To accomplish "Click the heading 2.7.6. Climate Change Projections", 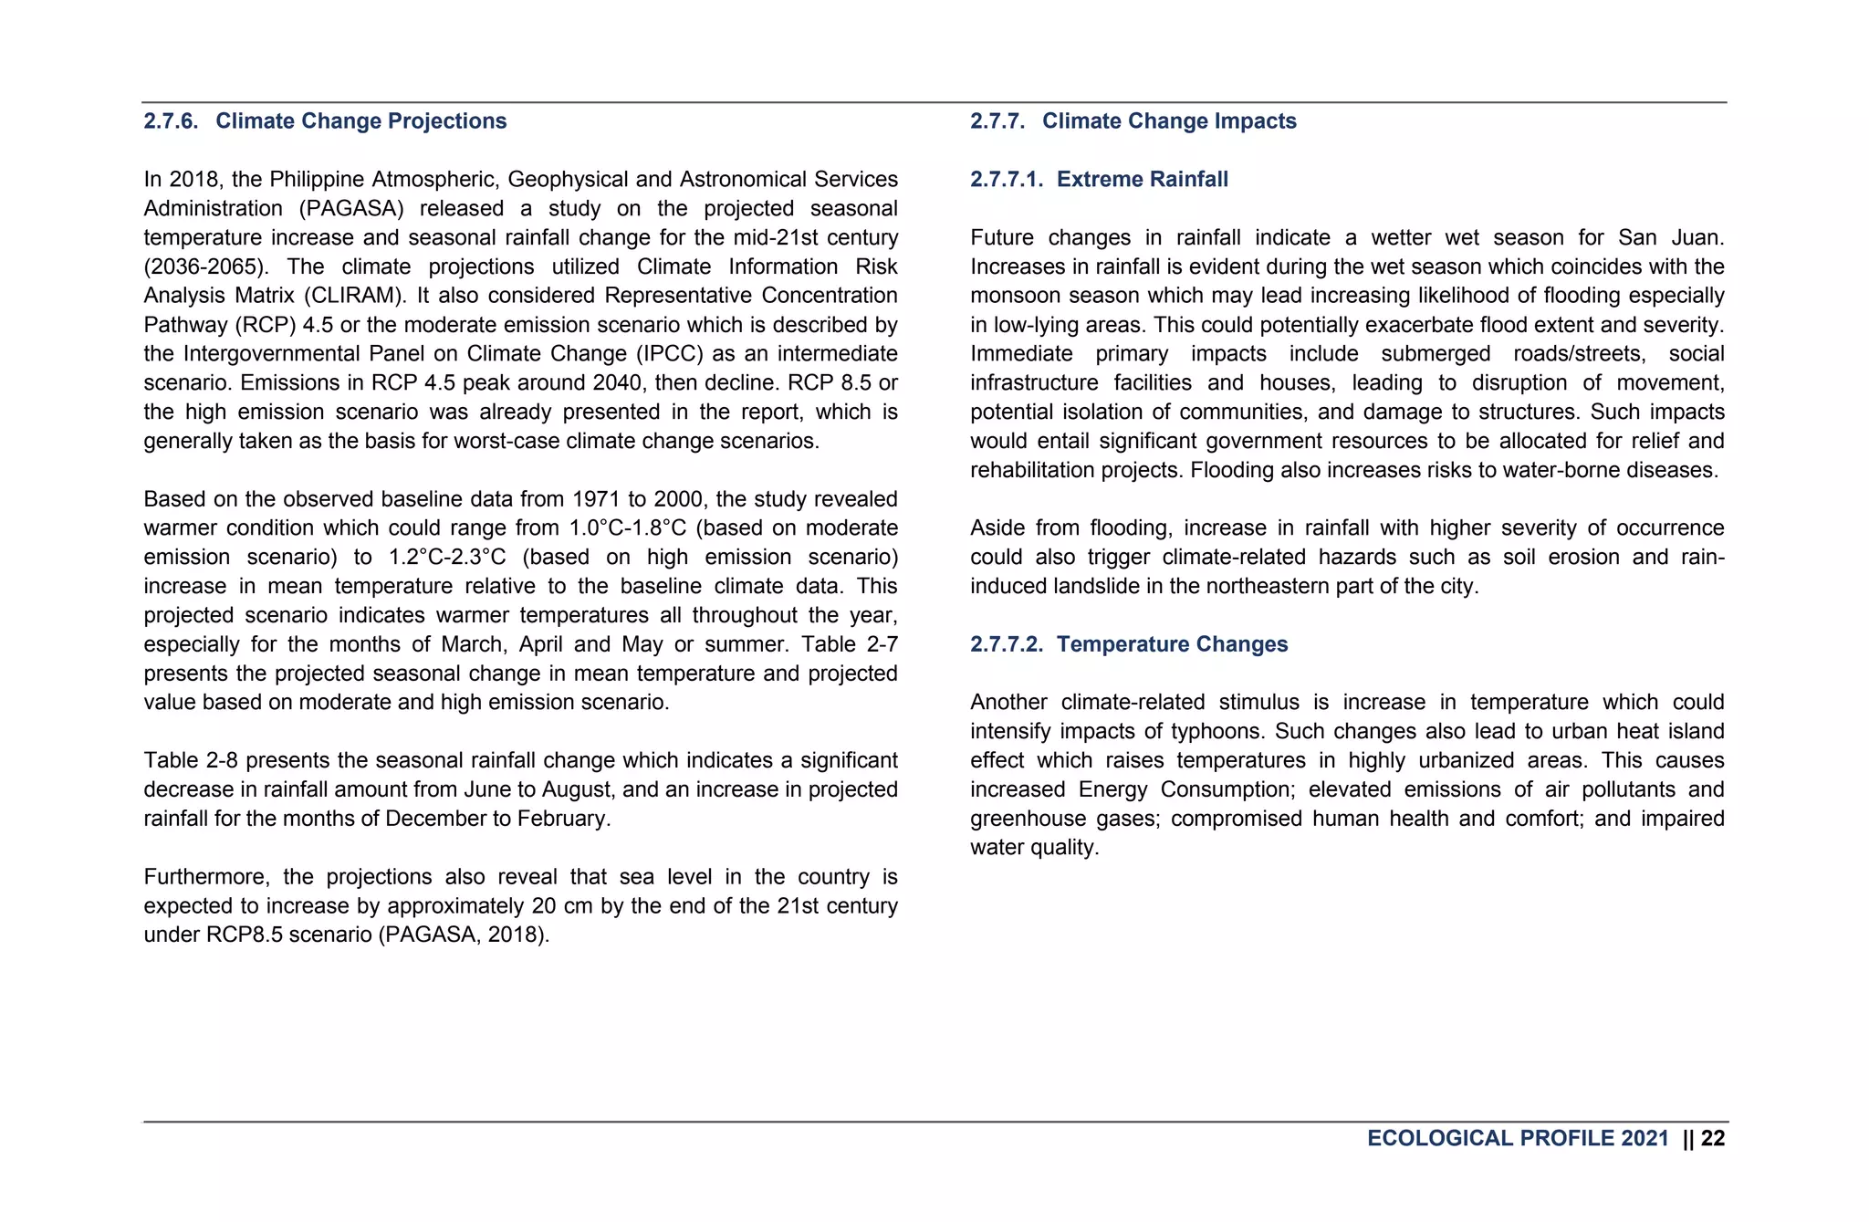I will tap(325, 121).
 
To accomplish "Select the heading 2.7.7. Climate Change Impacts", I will tap(1133, 121).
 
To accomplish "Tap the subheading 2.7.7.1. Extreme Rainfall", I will tap(1099, 180).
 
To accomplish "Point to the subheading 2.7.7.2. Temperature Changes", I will tap(1129, 644).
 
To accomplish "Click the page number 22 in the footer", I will tap(1713, 1138).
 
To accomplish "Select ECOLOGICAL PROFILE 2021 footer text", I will tap(1517, 1138).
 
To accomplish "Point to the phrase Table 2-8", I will tap(191, 761).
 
